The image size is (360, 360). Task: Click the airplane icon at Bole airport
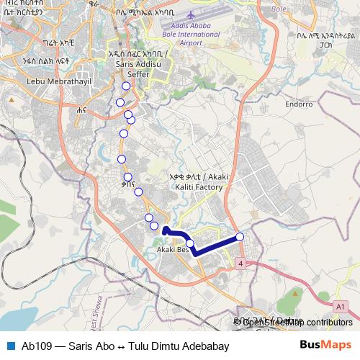(x=190, y=14)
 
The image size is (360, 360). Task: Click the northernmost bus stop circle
(x=126, y=86)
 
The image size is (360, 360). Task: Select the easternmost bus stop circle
(x=240, y=237)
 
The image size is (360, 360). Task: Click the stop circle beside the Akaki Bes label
(x=190, y=243)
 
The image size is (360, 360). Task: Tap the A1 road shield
(x=340, y=307)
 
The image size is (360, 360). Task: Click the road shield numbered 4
(x=240, y=264)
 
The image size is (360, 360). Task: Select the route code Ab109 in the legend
(x=36, y=346)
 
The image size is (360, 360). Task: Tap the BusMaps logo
(x=325, y=345)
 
